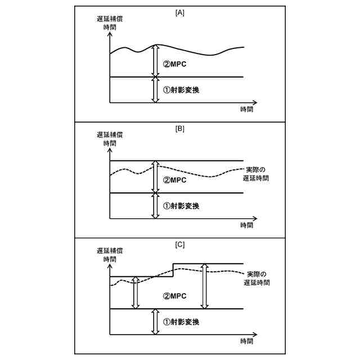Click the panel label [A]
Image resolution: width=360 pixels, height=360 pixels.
180,12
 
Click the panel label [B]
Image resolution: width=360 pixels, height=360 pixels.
180,128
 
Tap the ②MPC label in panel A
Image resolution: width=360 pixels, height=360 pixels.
174,64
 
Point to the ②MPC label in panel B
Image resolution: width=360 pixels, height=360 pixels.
174,181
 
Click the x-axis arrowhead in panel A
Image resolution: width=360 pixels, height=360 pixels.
254,103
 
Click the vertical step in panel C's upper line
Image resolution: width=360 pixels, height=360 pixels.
173,270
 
